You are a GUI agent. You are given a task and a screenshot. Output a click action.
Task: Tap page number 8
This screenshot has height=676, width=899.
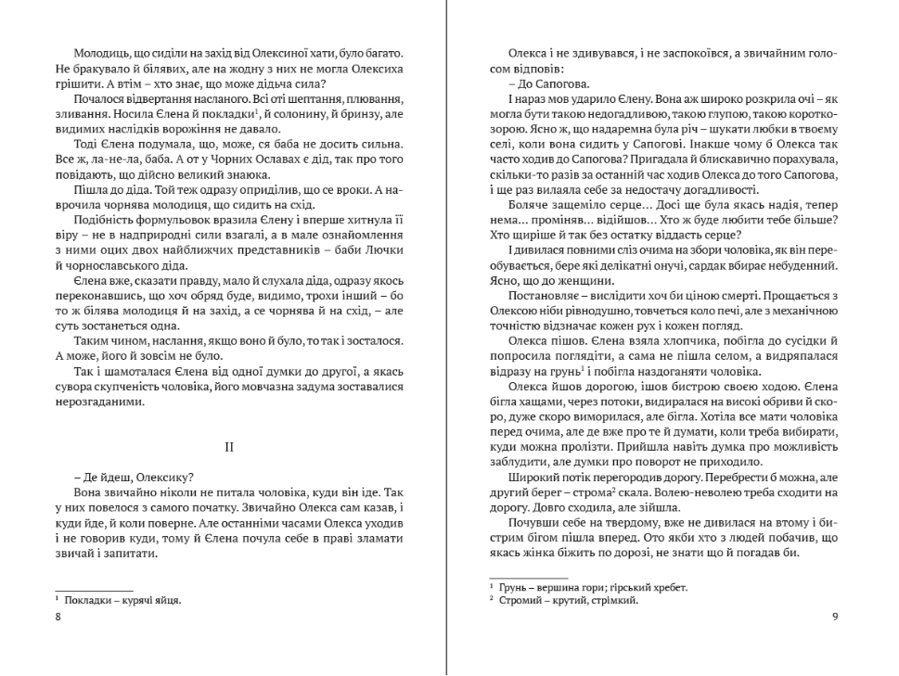(x=58, y=619)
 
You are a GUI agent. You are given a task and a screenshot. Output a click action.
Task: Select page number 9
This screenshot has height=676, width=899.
(x=835, y=619)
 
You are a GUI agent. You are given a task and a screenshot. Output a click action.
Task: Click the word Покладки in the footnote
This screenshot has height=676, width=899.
(x=87, y=600)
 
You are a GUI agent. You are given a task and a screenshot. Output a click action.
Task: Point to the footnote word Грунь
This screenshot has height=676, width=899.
(x=514, y=587)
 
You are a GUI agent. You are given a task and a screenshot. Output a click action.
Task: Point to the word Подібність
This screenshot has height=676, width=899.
(x=105, y=221)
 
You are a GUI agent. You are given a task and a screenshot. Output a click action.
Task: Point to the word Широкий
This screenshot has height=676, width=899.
(x=533, y=478)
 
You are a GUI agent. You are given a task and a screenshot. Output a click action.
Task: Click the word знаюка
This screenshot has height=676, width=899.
(x=248, y=175)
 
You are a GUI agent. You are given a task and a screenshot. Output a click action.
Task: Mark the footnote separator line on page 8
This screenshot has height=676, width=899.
(x=94, y=591)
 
